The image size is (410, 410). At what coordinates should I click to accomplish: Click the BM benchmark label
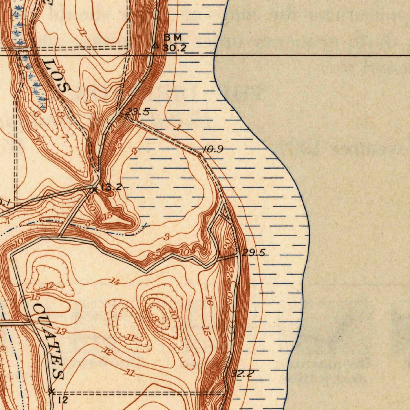click(x=173, y=37)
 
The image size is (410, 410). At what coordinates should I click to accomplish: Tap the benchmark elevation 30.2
click(x=175, y=48)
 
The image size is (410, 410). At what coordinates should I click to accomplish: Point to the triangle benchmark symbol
click(x=156, y=46)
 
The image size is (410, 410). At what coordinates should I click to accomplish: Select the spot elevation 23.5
click(x=137, y=112)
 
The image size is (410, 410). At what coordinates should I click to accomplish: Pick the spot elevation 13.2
click(x=111, y=187)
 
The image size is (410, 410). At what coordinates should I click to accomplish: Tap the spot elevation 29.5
click(x=253, y=253)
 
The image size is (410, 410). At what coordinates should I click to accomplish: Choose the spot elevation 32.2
click(x=242, y=374)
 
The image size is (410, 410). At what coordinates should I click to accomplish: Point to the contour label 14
click(x=115, y=282)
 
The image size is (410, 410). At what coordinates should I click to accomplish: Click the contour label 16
click(x=209, y=301)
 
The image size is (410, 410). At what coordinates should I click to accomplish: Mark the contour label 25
click(x=230, y=271)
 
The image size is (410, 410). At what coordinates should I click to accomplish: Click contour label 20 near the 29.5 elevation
click(x=227, y=242)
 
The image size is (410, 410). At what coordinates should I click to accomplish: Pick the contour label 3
click(x=167, y=237)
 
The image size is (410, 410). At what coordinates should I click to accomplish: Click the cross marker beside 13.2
click(x=94, y=189)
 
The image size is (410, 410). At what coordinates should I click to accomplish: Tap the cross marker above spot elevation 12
click(x=51, y=392)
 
